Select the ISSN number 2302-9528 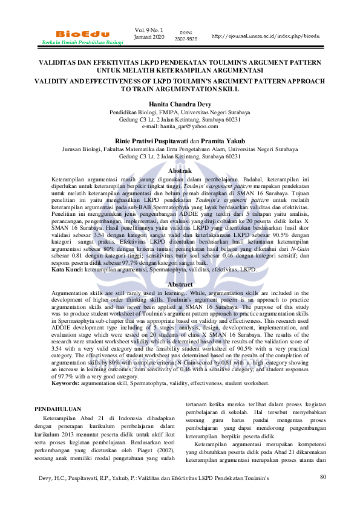coord(185,39)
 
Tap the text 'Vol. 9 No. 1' coord(149,29)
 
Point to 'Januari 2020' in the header coord(149,37)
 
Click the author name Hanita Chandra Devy coord(179,104)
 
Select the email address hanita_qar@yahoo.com coord(179,126)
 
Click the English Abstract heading coord(179,284)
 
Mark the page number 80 coord(322,477)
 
